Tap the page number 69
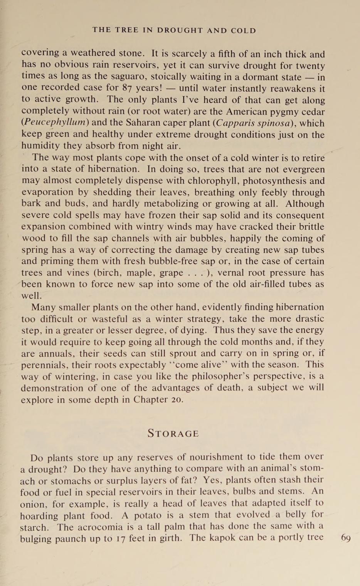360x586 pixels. click(x=345, y=538)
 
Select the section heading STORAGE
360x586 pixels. click(x=173, y=434)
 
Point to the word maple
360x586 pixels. click(x=140, y=273)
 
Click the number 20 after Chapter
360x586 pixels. click(x=177, y=399)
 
